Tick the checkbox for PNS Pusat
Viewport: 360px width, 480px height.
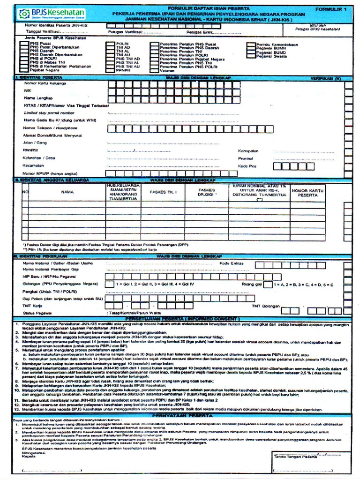[x=23, y=44]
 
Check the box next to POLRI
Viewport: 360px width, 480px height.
[x=111, y=44]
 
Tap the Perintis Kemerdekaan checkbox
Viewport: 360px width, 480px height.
[x=251, y=44]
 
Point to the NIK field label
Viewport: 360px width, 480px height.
[x=28, y=90]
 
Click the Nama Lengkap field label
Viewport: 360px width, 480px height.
[x=37, y=97]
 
